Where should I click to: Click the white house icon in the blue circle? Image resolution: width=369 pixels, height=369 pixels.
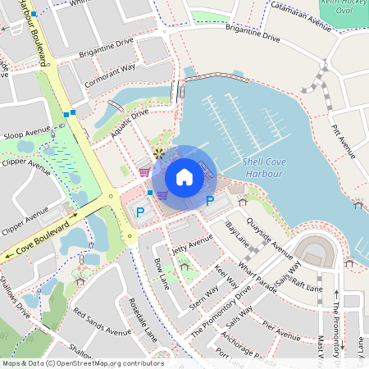click(x=184, y=176)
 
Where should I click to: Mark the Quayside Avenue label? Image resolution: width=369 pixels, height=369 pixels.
click(x=271, y=239)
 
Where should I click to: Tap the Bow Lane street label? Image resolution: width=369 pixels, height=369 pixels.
click(x=161, y=273)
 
